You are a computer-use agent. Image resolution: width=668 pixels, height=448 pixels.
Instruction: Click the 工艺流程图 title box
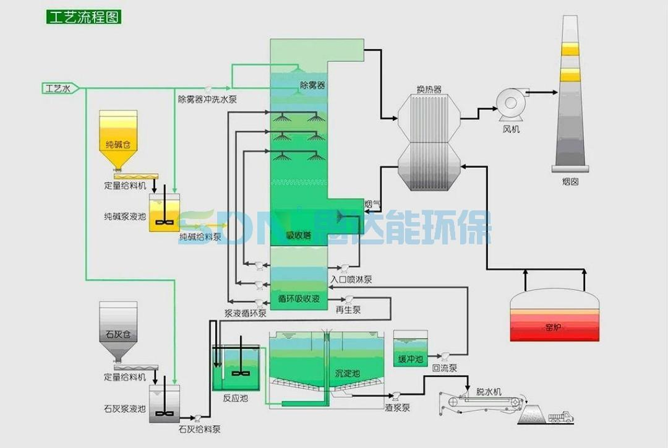pos(83,17)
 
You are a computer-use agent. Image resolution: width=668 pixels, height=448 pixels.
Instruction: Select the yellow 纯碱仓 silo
pos(119,140)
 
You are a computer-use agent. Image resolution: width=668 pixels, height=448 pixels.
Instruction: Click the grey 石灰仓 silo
pos(118,331)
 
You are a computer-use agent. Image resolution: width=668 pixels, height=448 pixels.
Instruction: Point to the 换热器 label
pos(429,89)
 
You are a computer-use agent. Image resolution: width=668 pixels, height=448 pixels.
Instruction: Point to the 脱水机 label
pos(489,392)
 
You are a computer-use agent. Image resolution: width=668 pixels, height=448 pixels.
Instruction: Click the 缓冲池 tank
pos(410,350)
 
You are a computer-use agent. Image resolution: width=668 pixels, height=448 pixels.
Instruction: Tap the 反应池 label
pos(235,398)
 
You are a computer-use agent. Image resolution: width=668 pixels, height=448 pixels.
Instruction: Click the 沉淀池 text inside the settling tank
pos(347,373)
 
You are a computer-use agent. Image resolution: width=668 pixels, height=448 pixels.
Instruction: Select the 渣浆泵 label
pos(397,408)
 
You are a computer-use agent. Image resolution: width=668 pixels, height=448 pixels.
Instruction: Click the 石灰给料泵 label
pos(199,429)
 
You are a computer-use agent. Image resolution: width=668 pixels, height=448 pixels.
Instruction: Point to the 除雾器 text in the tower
pos(312,85)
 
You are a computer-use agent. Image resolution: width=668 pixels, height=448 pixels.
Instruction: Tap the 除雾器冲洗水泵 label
pos(207,99)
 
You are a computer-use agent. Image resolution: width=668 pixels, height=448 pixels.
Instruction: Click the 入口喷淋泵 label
pos(351,280)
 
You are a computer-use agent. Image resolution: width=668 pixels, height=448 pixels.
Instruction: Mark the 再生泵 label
pos(348,310)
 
